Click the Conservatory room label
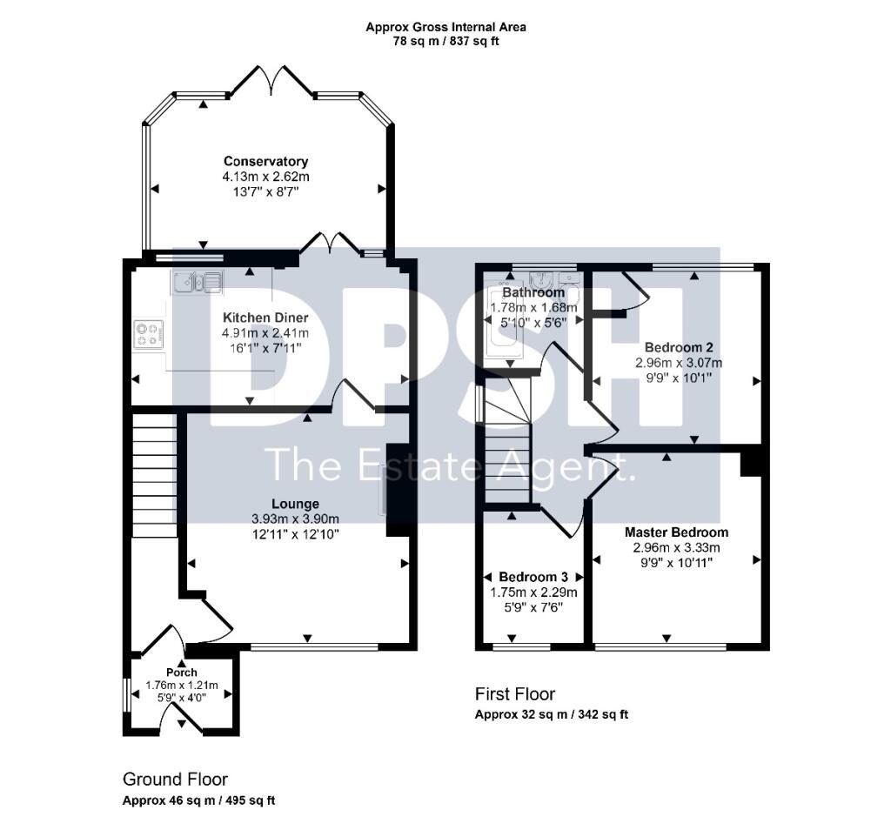[x=265, y=161]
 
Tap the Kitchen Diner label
[x=265, y=318]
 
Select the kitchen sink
[x=198, y=281]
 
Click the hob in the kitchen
[x=149, y=333]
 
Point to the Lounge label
[x=296, y=504]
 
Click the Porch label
[x=182, y=672]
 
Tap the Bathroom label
[x=533, y=292]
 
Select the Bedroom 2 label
[x=679, y=347]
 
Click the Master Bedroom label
[x=676, y=532]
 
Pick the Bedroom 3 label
[x=533, y=577]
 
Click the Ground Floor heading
[x=175, y=779]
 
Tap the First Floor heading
[x=515, y=693]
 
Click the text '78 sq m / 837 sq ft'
[x=446, y=41]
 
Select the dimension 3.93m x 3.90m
[x=296, y=519]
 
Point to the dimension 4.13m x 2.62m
[x=265, y=177]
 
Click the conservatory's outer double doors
[x=272, y=79]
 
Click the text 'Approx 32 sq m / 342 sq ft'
[x=551, y=714]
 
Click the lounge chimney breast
[x=399, y=490]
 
